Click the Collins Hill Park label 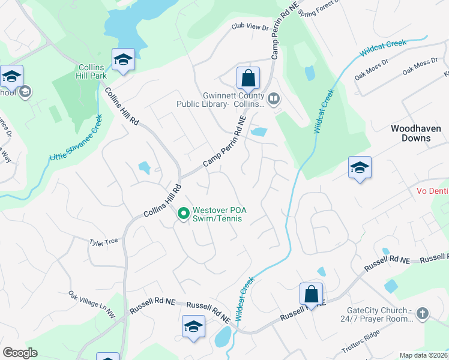[x=91, y=71]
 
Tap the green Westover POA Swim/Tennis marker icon [x=183, y=213]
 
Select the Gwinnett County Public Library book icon [x=274, y=98]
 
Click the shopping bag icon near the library [x=247, y=77]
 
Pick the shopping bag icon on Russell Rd [x=311, y=294]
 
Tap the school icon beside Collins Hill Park [x=123, y=59]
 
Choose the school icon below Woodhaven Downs [x=359, y=167]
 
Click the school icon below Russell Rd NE [x=193, y=326]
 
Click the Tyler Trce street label [x=103, y=241]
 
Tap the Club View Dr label [x=250, y=27]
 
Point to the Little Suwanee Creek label [x=76, y=140]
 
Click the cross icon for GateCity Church [x=423, y=313]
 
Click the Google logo [x=20, y=353]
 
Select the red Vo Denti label [x=432, y=191]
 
